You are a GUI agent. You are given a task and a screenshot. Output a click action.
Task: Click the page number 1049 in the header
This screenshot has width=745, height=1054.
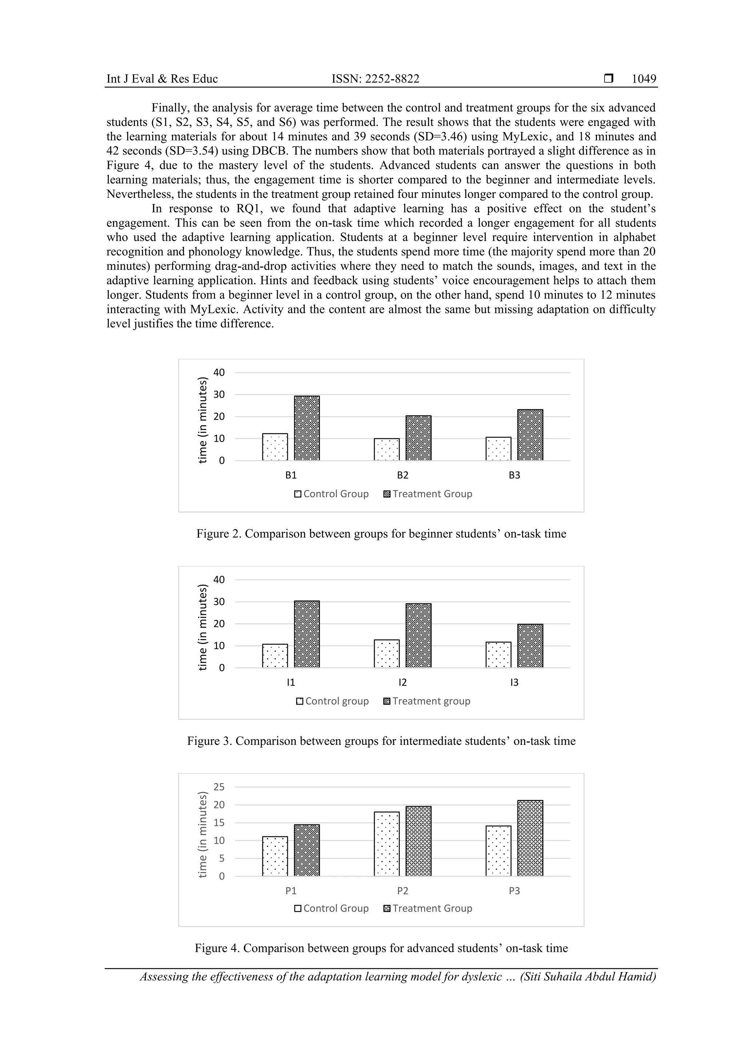(644, 79)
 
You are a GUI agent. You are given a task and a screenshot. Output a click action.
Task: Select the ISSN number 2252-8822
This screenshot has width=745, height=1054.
(375, 79)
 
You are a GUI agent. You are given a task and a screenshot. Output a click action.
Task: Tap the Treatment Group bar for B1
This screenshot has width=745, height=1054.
(307, 428)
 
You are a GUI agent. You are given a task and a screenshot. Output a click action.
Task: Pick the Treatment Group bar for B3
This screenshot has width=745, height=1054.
(530, 435)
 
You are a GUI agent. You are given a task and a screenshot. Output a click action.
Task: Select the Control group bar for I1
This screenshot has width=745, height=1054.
(275, 656)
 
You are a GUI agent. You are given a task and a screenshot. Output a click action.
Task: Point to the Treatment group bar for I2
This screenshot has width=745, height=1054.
(418, 635)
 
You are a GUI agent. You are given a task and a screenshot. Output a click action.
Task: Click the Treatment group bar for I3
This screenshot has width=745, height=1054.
(530, 645)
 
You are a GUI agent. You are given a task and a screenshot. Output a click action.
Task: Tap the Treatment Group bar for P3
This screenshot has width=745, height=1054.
(530, 838)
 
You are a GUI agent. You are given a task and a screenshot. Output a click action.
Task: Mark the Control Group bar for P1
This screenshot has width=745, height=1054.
(275, 856)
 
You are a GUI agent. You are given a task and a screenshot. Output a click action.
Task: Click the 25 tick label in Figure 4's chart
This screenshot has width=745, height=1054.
(219, 787)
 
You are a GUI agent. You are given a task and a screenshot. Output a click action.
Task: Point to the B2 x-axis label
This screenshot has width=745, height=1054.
(403, 475)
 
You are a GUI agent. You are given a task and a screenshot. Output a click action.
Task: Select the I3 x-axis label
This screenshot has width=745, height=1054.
(514, 683)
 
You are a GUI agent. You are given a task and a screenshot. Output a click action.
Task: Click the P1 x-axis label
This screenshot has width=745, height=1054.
(291, 891)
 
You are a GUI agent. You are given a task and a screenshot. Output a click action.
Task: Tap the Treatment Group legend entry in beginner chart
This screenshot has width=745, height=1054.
(428, 494)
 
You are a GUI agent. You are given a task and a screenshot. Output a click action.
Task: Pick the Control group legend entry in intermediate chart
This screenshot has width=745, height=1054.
(332, 701)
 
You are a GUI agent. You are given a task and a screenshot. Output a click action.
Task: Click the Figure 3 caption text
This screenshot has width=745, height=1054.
(381, 741)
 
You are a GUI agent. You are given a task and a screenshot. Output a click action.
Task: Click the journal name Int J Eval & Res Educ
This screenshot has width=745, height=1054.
(162, 79)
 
